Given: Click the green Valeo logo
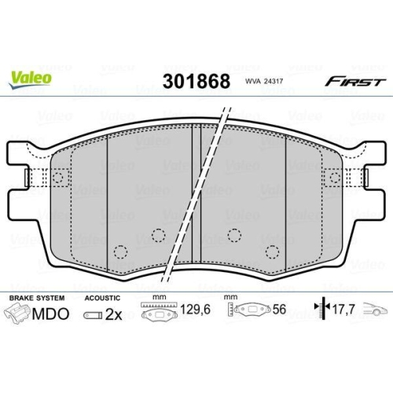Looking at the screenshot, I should (31, 78).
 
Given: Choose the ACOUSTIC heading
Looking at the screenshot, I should (101, 299).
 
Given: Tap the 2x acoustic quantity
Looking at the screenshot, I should (114, 314).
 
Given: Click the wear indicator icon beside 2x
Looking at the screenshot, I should (92, 314).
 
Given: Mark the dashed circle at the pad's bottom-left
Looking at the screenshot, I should (120, 252).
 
